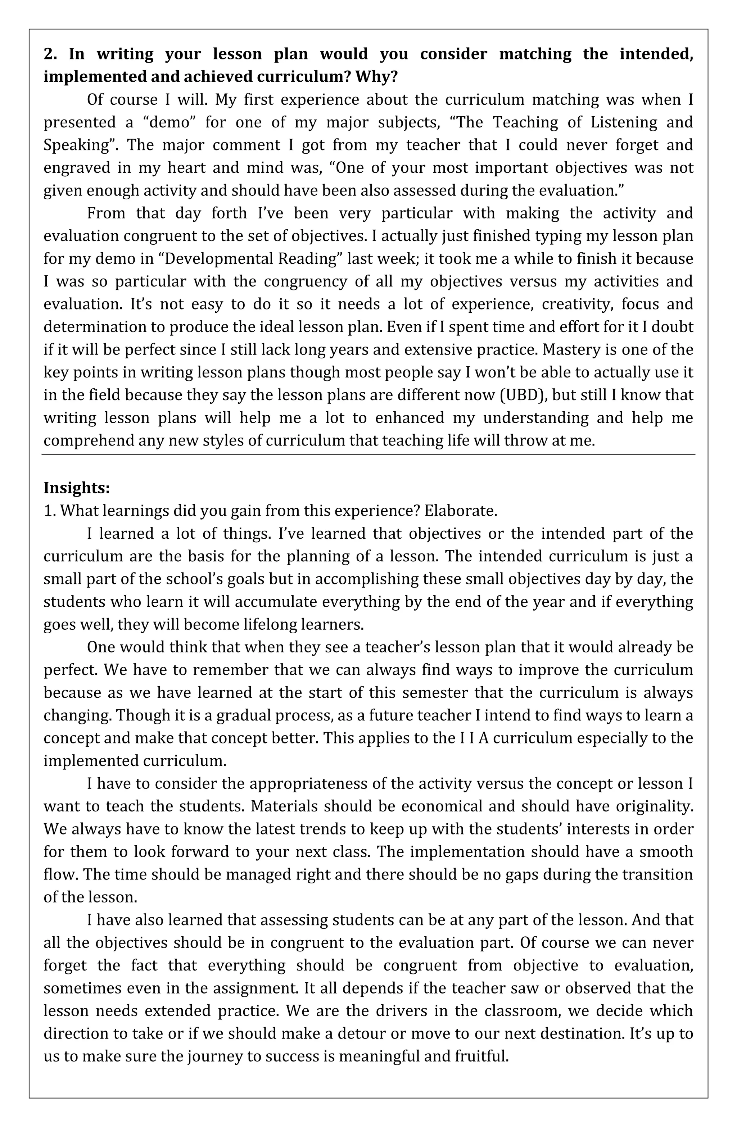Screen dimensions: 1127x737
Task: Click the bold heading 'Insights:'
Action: point(77,487)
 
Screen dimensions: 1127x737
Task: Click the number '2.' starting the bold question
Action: point(50,54)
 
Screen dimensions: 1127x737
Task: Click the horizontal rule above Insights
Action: point(368,454)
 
